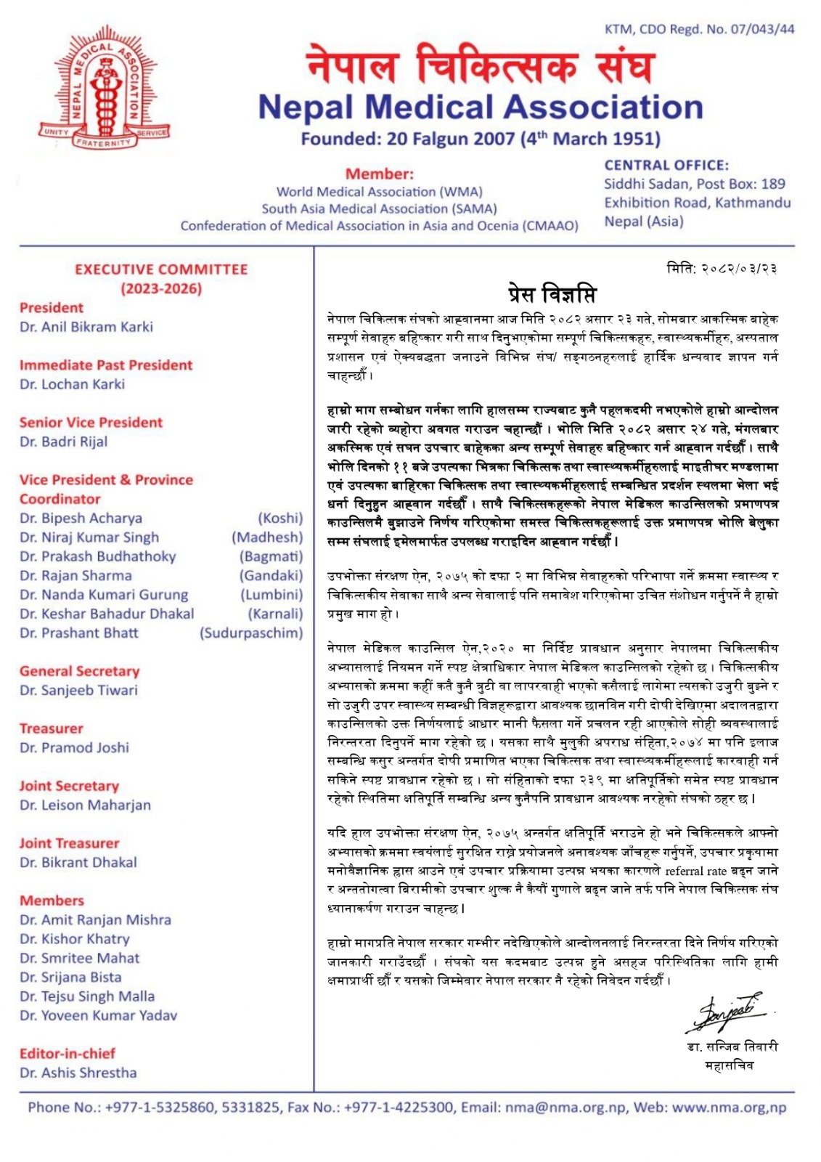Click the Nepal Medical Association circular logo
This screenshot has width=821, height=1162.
coord(105,90)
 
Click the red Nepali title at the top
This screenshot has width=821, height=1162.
coord(480,66)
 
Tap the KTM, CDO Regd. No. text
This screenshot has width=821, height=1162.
coord(699,29)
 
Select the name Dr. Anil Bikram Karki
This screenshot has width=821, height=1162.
coord(86,327)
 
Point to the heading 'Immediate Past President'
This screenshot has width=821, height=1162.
coord(106,365)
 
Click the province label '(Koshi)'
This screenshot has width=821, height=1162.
coord(280,518)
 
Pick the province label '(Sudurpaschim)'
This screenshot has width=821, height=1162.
coord(251,633)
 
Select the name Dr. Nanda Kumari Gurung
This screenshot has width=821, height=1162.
coord(104,595)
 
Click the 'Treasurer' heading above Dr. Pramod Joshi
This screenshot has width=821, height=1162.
coord(52,728)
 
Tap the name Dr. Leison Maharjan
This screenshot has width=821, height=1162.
coord(86,805)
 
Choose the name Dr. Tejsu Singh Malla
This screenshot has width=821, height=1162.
coord(87,996)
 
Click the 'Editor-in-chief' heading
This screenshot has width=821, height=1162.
coord(68,1053)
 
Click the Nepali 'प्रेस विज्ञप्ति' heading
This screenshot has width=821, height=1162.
coord(552,294)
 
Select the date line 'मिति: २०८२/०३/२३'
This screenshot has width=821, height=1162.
coord(722,268)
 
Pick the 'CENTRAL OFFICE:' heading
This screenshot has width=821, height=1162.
coord(666,165)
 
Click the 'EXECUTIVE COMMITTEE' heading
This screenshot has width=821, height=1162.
coord(161,269)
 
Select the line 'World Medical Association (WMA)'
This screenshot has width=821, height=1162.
coord(379,192)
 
